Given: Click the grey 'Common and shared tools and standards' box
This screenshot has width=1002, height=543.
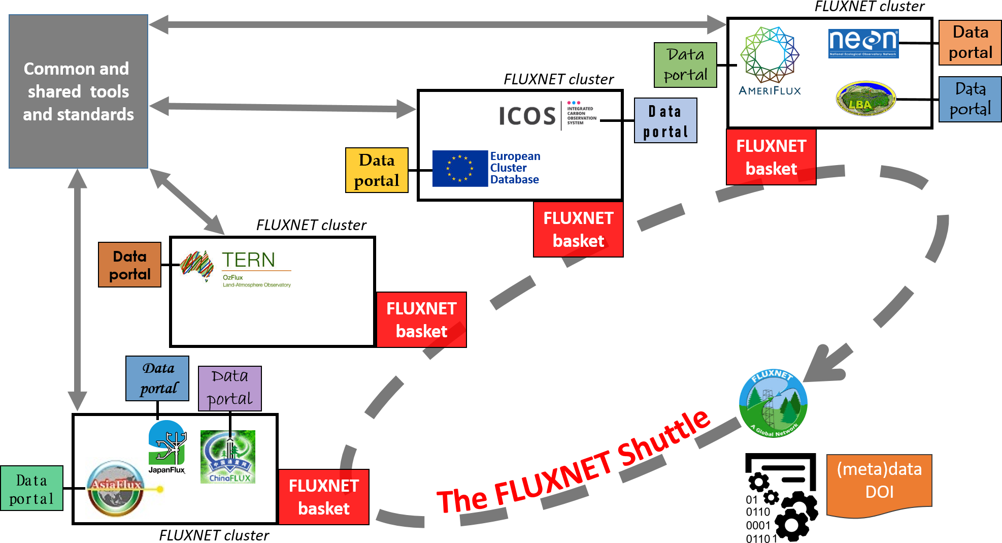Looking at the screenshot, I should coord(79,91).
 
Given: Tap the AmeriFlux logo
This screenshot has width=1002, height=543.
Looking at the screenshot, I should coord(770,61).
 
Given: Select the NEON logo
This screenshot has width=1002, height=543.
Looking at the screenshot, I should coord(863,43).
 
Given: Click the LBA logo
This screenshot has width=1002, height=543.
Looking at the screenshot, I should coord(865,99).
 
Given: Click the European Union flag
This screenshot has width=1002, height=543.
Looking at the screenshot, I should coord(460,169).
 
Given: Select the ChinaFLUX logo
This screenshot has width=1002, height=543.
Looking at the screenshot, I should coord(228,457).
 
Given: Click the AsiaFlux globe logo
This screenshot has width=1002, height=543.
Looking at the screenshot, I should coord(116,488).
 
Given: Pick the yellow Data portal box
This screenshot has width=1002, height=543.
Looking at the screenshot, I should coord(377,170).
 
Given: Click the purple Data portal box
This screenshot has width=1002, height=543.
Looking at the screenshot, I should coord(230,388).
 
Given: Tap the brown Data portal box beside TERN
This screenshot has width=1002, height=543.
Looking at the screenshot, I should coord(130,265).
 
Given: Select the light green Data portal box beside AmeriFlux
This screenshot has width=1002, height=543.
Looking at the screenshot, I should coord(685,65).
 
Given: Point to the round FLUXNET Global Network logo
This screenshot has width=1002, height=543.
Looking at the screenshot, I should coord(773,403).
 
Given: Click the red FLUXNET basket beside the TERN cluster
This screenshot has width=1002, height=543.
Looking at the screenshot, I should coord(421,320).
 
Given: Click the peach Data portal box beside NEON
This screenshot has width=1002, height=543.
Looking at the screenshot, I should coord(970,43).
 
